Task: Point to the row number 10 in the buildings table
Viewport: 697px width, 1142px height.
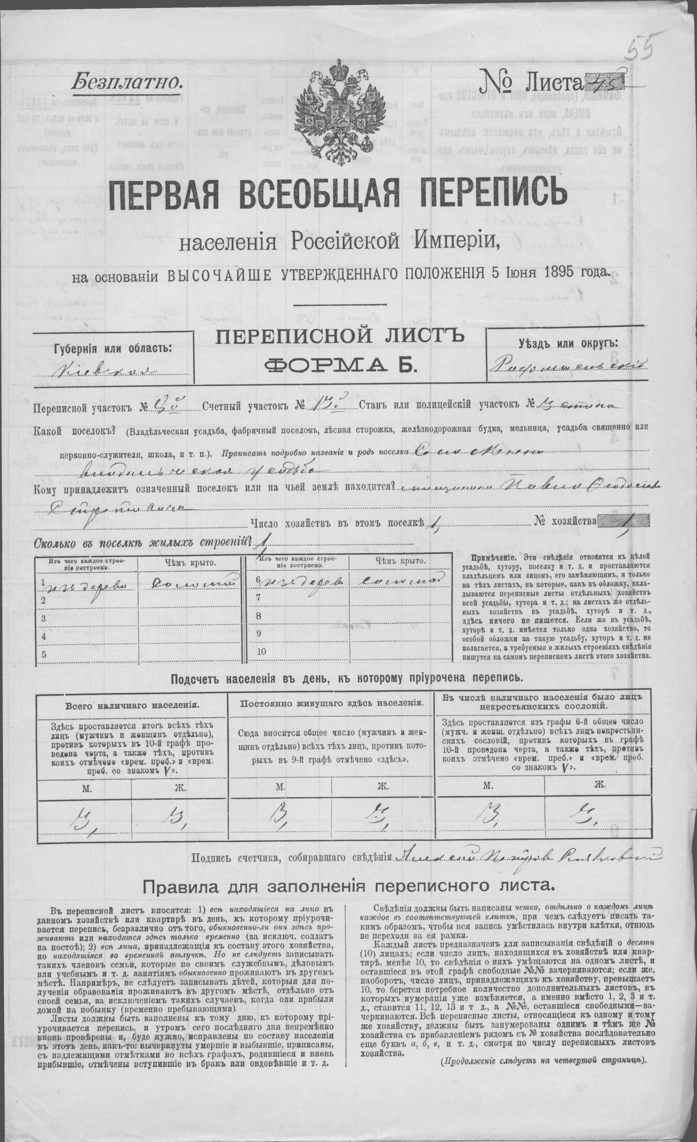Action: [261, 652]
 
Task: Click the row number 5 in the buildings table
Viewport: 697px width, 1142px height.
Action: [44, 655]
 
